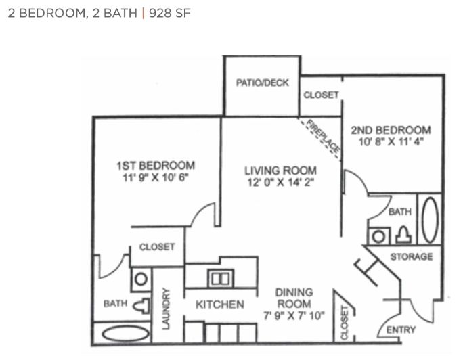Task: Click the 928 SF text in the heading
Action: point(169,14)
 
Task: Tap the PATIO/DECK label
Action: point(262,83)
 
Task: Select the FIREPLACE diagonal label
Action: point(322,136)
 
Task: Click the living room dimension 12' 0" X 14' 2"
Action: point(280,183)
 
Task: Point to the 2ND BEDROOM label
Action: point(391,130)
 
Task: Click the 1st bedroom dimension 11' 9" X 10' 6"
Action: point(155,178)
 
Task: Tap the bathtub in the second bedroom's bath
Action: point(430,220)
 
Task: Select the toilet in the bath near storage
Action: point(403,235)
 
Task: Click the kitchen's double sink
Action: point(221,278)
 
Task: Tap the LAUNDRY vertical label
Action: point(167,309)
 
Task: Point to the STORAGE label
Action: point(412,257)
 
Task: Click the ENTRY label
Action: point(401,330)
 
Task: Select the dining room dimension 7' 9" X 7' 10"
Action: point(294,316)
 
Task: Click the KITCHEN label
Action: point(220,305)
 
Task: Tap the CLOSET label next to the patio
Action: point(321,95)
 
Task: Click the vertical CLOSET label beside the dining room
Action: point(345,323)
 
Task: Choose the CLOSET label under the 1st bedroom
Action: point(157,247)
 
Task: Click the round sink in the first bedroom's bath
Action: point(141,279)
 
